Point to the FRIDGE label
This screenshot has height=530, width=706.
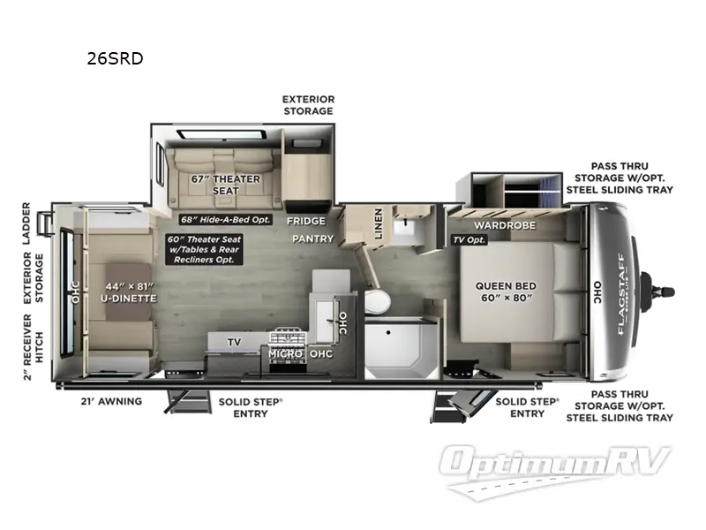click(305, 221)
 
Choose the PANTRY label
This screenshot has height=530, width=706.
click(313, 238)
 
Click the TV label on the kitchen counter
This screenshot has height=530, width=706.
click(234, 341)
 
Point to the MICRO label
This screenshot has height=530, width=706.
click(286, 354)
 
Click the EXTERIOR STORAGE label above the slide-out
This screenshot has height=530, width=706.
click(307, 105)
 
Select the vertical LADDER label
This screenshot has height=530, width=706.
click(27, 223)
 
